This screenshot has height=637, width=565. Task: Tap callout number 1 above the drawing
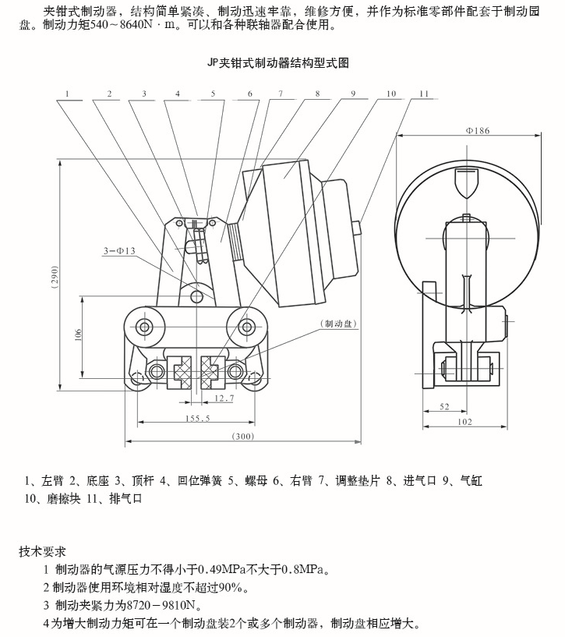[x=69, y=94]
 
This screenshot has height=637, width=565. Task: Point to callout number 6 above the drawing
[x=249, y=94]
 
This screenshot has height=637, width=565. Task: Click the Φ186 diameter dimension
[x=477, y=131]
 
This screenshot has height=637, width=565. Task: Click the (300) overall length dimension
[x=243, y=437]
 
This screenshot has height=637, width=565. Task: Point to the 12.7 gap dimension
[x=224, y=398]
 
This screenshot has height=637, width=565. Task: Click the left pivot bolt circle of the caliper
[x=145, y=325]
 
